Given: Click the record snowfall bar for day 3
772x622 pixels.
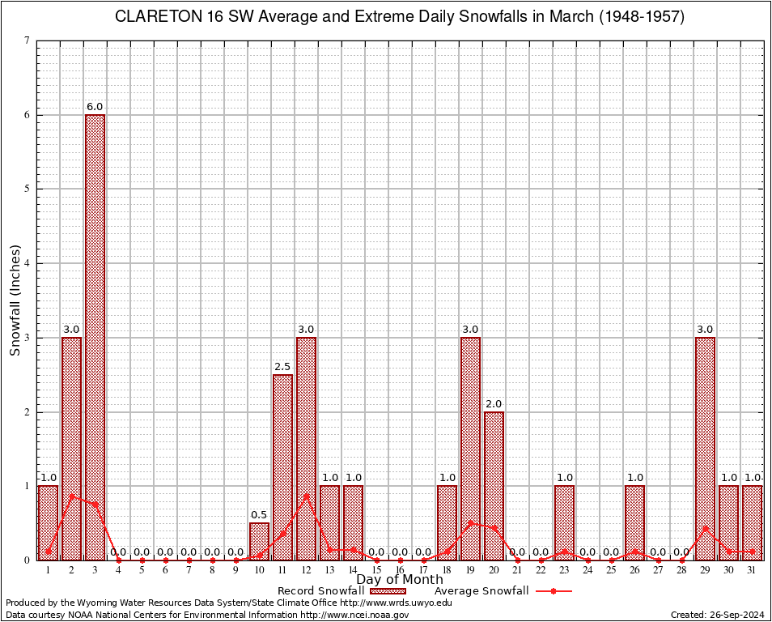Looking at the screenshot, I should tap(95, 337).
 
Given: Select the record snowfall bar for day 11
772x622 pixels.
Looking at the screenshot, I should tap(282, 466).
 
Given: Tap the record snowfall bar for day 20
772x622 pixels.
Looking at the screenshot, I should tap(494, 485).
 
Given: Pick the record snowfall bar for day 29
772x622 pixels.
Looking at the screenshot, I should tap(705, 448).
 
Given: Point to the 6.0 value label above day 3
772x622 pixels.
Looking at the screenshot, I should tap(95, 107).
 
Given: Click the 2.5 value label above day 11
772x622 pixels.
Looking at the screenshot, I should tap(282, 367).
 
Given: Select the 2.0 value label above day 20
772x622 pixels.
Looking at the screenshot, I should tap(494, 404).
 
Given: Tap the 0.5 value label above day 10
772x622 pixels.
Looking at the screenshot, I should tap(259, 515).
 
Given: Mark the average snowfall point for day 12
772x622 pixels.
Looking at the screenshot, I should tap(306, 496).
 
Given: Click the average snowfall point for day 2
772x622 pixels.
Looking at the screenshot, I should tap(71, 496).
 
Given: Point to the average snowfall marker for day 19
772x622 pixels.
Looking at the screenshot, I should tap(470, 522).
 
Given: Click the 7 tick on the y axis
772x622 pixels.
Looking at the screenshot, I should tap(28, 40).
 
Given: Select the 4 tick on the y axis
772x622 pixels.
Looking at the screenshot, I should tap(28, 263).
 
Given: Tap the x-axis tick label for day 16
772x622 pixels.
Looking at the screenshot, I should tap(400, 570).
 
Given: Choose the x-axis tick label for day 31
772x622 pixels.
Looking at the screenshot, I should tap(752, 570).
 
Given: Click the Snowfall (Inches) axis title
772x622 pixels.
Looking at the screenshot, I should tap(15, 300).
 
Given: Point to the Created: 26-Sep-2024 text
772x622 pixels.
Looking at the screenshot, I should tap(718, 615).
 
